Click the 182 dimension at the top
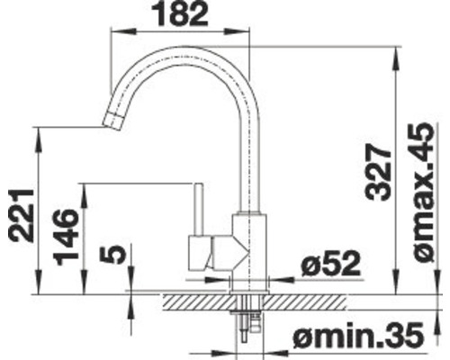click(181, 14)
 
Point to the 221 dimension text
click(20, 215)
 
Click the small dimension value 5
click(112, 256)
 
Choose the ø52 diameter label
click(330, 263)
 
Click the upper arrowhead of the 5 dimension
click(131, 280)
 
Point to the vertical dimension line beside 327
click(396, 171)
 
